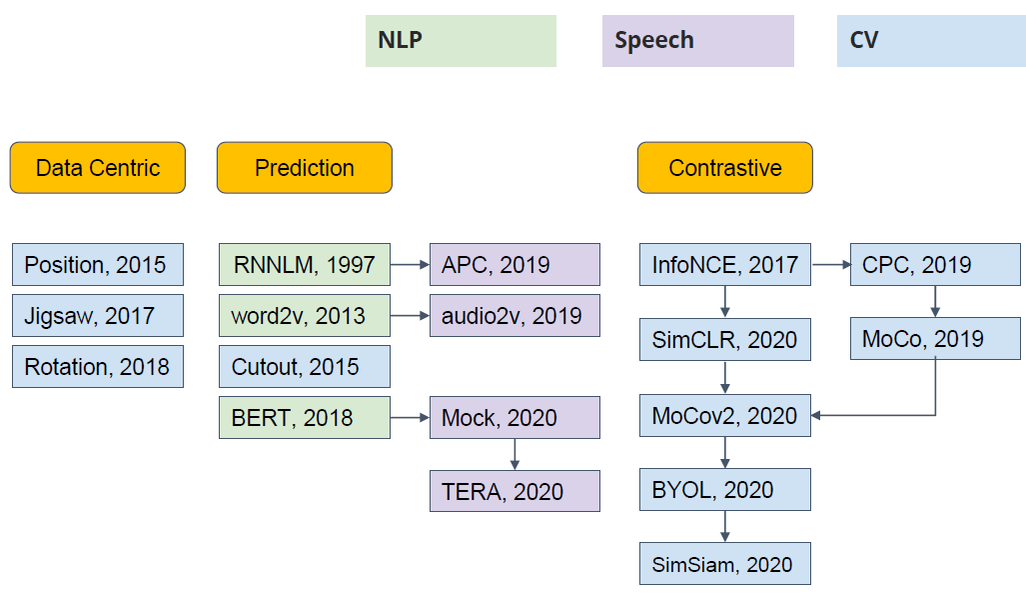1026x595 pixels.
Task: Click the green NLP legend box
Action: tap(461, 41)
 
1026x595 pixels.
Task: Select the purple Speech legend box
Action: tap(698, 41)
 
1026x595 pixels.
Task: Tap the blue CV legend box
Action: tap(932, 41)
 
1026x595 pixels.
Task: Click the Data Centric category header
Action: tap(98, 168)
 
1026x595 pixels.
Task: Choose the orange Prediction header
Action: tap(305, 168)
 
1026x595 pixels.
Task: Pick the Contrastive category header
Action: tap(725, 168)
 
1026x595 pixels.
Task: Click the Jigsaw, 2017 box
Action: tap(98, 315)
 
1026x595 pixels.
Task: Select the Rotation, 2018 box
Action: tap(98, 366)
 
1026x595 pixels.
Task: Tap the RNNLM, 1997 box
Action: tap(305, 265)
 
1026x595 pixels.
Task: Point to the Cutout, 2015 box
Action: tap(305, 366)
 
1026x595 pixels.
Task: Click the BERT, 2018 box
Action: tap(305, 417)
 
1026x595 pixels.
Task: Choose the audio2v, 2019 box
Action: tap(514, 315)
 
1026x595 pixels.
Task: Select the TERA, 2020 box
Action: tap(514, 491)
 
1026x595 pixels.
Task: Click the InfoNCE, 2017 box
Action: tap(725, 265)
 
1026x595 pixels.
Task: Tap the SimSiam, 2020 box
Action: tap(725, 564)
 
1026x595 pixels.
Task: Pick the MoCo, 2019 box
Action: tap(935, 339)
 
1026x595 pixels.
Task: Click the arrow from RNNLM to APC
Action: tap(411, 265)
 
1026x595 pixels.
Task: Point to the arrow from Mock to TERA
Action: tap(514, 454)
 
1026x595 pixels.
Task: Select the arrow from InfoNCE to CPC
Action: tap(831, 265)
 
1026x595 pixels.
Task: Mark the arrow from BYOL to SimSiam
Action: tap(725, 527)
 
